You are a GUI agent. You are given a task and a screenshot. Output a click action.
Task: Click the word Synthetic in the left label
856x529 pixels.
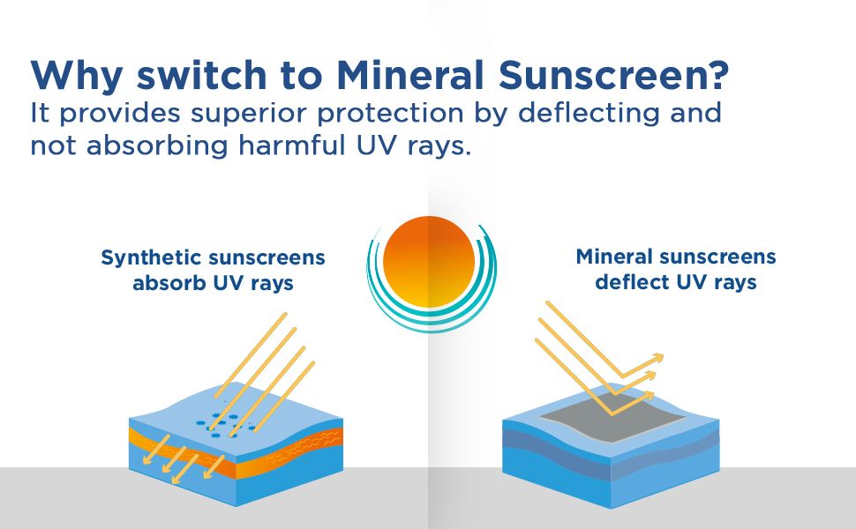coord(150,258)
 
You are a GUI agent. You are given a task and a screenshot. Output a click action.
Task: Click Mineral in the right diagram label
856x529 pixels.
coord(615,257)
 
